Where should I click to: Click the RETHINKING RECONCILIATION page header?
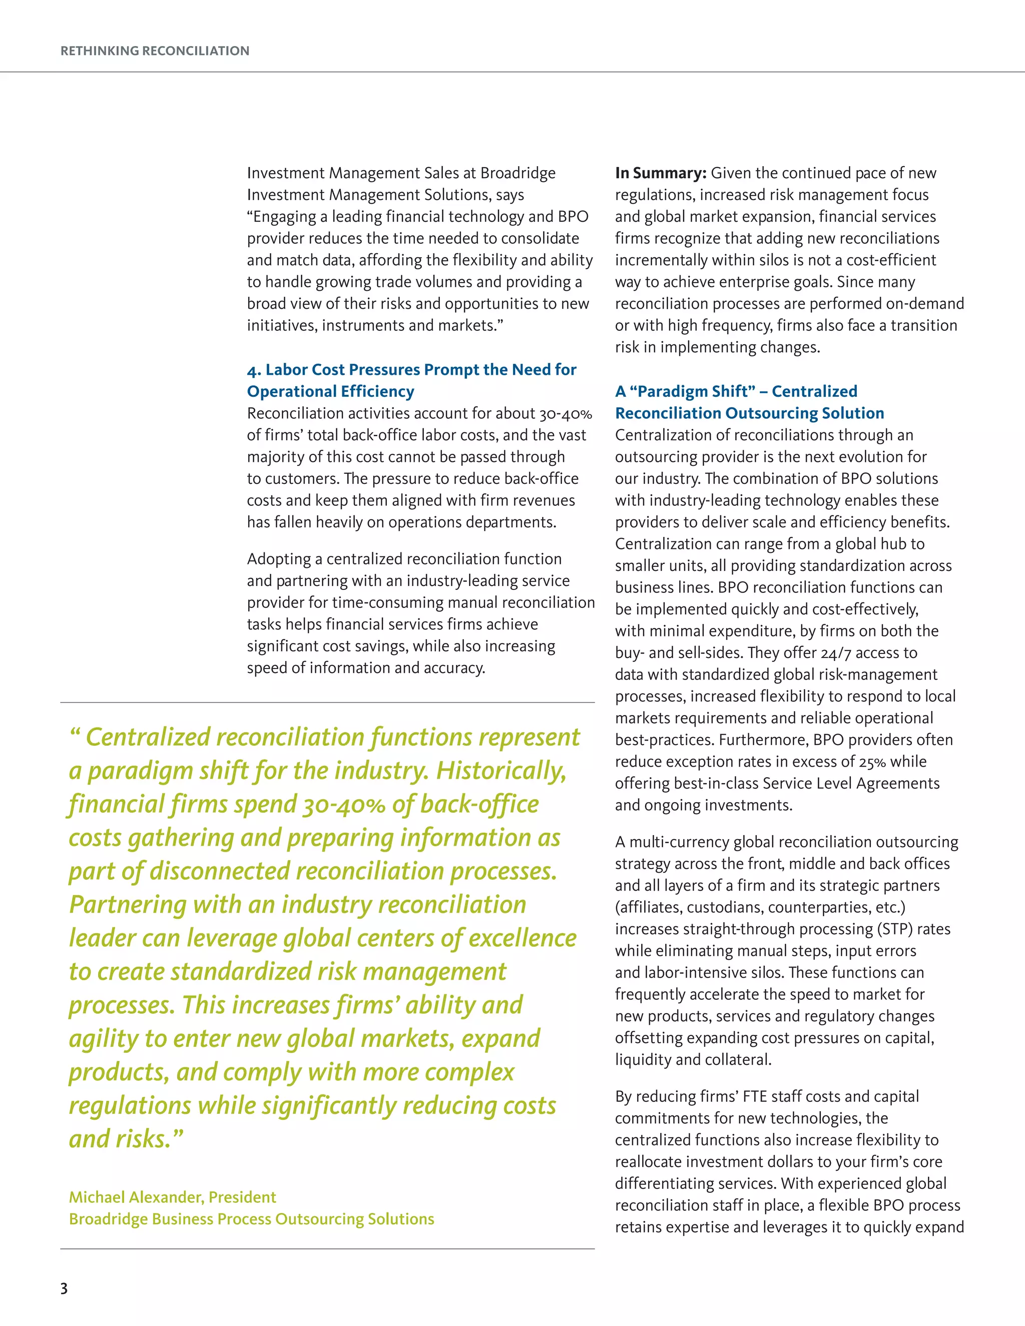click(x=155, y=51)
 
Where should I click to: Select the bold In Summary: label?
click(x=660, y=174)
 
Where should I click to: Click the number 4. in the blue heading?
click(x=254, y=370)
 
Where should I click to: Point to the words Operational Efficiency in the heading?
click(x=330, y=392)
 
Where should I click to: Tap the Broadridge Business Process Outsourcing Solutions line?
click(x=251, y=1218)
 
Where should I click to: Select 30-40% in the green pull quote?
click(x=340, y=805)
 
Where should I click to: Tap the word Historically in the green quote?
click(x=501, y=771)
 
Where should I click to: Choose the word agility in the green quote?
click(x=103, y=1039)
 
